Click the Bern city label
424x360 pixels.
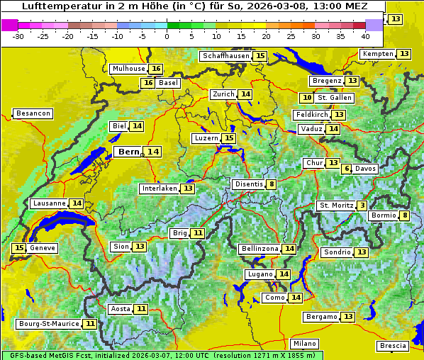pyautogui.click(x=128, y=152)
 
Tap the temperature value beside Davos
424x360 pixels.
pyautogui.click(x=347, y=169)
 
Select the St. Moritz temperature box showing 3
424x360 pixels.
pyautogui.click(x=362, y=206)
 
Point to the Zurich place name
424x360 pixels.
pyautogui.click(x=223, y=94)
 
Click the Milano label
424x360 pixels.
pyautogui.click(x=306, y=344)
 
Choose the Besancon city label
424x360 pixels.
pyautogui.click(x=33, y=113)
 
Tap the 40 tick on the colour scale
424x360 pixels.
pyautogui.click(x=365, y=36)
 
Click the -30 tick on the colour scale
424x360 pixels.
pyautogui.click(x=18, y=36)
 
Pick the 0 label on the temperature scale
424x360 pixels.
pyautogui.click(x=167, y=36)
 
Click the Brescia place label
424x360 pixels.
pyautogui.click(x=393, y=346)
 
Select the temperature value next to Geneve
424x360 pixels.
pyautogui.click(x=19, y=248)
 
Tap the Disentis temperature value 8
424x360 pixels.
pyautogui.click(x=272, y=184)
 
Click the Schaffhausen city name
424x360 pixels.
pyautogui.click(x=225, y=56)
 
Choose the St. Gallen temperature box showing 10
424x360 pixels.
pyautogui.click(x=306, y=98)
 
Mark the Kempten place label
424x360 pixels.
pyautogui.click(x=376, y=54)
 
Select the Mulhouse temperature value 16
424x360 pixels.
pyautogui.click(x=156, y=69)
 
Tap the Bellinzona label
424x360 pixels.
pyautogui.click(x=260, y=249)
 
